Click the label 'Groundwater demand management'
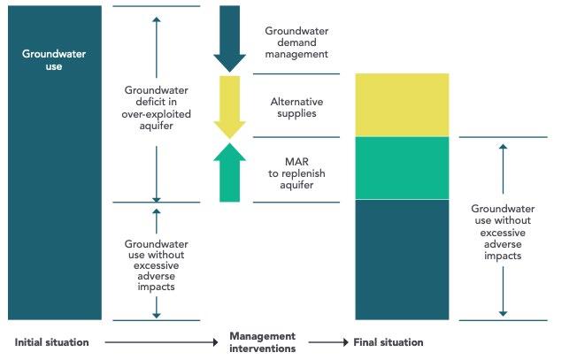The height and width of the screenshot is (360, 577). point(296,42)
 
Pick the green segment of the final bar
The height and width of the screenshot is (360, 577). point(402,168)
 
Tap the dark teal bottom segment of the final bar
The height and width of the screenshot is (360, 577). point(402,259)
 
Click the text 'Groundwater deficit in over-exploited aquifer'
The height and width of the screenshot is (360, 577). point(156,108)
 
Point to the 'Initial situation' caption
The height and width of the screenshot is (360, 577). point(52,342)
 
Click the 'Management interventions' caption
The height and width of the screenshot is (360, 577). point(262,342)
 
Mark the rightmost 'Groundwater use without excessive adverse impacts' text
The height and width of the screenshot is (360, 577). point(503,232)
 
